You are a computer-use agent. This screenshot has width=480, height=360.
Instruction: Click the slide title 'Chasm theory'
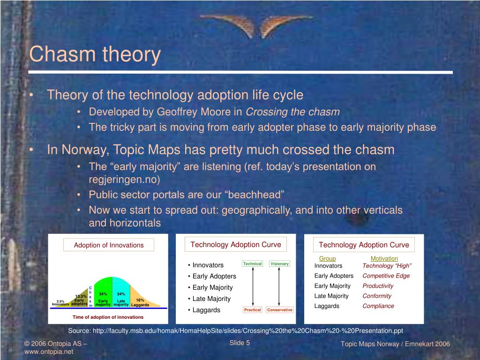pos(95,54)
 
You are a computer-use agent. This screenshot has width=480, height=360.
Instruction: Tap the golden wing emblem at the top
pos(256,26)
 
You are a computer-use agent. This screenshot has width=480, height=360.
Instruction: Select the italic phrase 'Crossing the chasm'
pos(292,112)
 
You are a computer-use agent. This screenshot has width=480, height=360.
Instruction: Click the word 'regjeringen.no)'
pos(124,180)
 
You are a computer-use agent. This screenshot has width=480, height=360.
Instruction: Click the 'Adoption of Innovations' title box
pos(109,245)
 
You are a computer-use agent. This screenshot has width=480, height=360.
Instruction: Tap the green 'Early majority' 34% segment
pos(103,292)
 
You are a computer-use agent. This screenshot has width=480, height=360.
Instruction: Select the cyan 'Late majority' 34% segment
pos(121,292)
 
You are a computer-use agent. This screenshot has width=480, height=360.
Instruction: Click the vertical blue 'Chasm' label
pos(90,297)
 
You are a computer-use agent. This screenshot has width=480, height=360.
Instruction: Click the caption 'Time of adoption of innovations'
pos(108,317)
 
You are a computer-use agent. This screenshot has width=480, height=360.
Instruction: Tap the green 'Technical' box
pos(252,263)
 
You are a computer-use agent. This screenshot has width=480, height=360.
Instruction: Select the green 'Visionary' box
pos(279,263)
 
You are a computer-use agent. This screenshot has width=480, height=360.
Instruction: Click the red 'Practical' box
pos(253,310)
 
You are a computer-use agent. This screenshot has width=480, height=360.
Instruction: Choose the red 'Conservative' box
pos(280,310)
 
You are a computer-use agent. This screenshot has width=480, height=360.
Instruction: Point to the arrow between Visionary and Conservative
pos(279,286)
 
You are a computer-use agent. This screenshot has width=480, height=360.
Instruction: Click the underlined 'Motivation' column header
pos(384,258)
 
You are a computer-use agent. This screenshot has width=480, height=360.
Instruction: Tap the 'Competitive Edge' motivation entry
pos(386,276)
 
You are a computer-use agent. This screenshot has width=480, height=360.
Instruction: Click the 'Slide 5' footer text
pos(240,343)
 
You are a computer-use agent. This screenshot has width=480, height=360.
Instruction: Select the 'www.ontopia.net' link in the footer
pos(49,352)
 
